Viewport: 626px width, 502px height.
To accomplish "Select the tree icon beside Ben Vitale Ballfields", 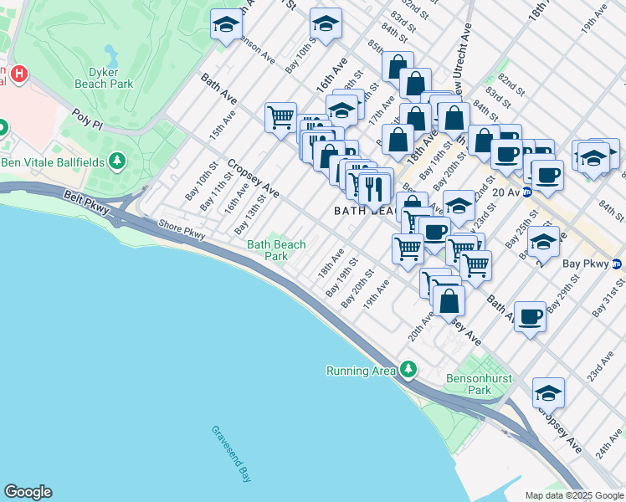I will click(118, 160).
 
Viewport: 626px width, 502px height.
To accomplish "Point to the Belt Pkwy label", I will click(85, 202).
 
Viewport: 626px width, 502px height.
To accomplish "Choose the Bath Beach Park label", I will click(276, 250).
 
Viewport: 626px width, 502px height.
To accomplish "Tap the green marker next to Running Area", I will click(408, 369).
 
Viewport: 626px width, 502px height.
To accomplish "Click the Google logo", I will click(28, 492).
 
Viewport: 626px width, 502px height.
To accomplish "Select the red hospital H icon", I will click(18, 75).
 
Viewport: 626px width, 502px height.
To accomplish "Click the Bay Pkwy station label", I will click(583, 264).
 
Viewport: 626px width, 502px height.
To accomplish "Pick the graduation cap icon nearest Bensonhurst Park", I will click(548, 392).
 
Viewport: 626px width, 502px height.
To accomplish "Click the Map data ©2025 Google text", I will click(572, 495).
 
